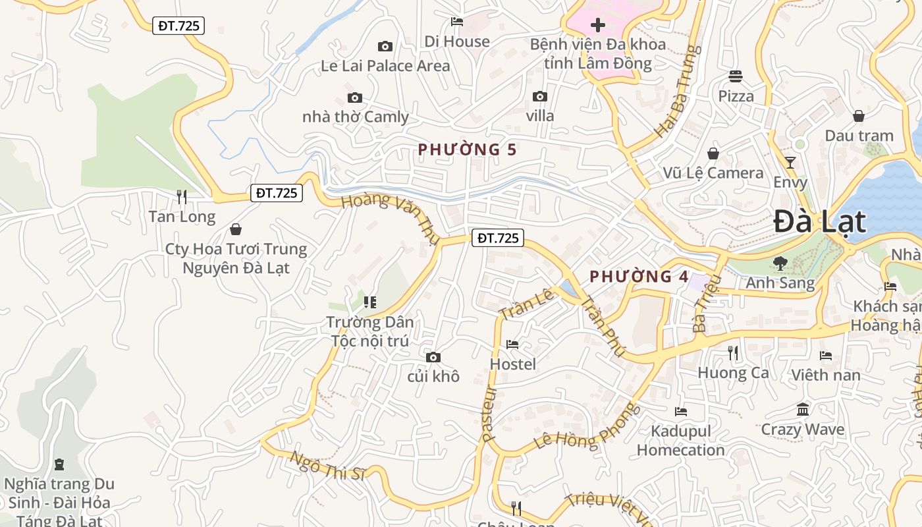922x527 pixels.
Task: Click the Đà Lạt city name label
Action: tap(819, 221)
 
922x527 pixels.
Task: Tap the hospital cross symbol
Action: tap(597, 26)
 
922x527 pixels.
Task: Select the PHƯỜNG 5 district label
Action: tap(467, 150)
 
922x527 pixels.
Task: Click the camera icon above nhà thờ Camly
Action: tap(355, 98)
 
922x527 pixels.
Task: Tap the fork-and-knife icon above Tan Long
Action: tap(182, 196)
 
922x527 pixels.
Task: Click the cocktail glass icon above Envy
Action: tap(790, 162)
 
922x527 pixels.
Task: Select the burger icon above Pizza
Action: tap(736, 76)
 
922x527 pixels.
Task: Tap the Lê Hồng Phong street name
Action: tap(587, 426)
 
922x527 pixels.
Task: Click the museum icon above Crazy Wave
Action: tap(802, 410)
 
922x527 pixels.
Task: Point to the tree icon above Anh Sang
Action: tap(780, 263)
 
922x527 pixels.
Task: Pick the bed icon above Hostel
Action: tap(512, 344)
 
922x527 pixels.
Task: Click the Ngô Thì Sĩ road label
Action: tap(327, 466)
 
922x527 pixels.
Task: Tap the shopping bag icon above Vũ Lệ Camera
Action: tap(713, 153)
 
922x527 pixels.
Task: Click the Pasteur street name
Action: tap(489, 414)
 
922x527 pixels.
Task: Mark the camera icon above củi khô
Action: tap(433, 357)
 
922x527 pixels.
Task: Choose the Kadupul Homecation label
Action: tap(680, 441)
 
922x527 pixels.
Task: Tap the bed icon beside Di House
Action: tap(457, 22)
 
